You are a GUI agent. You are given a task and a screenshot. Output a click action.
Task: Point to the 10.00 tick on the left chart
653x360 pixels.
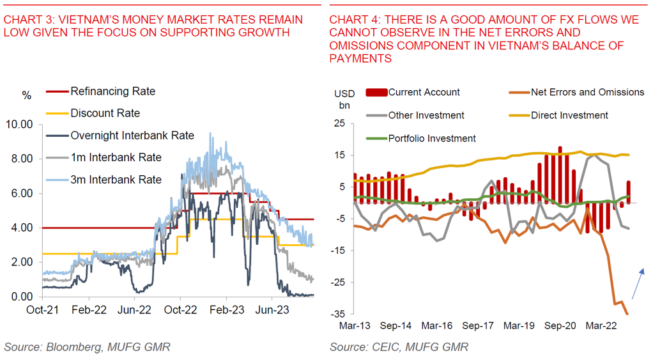click(19, 125)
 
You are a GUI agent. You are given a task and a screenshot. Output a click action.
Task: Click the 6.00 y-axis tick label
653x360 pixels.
click(21, 194)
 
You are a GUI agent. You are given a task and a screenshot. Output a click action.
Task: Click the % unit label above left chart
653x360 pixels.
click(26, 95)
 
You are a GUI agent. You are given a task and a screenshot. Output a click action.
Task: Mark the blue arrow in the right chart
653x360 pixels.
click(638, 284)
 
